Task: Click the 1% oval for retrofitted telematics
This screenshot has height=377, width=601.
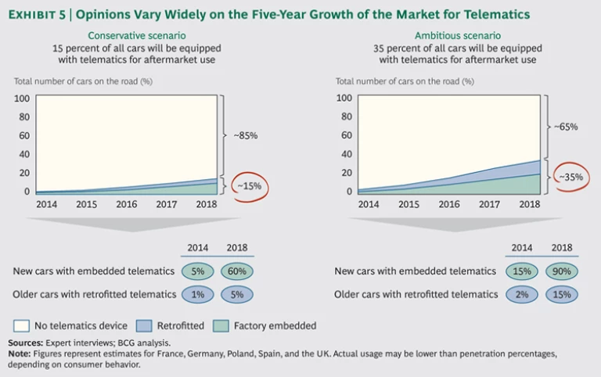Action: point(197,295)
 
